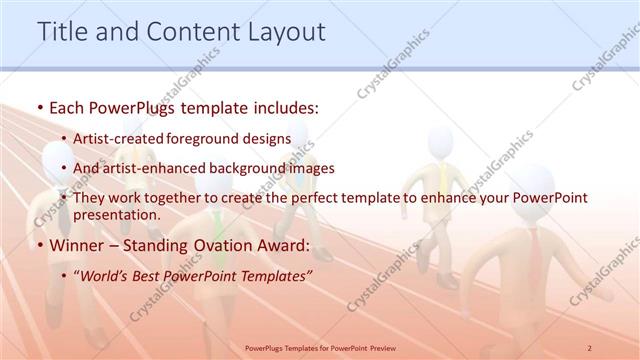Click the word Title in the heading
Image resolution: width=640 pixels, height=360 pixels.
62,32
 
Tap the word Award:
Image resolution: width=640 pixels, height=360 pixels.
286,246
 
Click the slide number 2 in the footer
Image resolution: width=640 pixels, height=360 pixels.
589,346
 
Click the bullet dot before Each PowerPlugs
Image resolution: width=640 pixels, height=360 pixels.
39,106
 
